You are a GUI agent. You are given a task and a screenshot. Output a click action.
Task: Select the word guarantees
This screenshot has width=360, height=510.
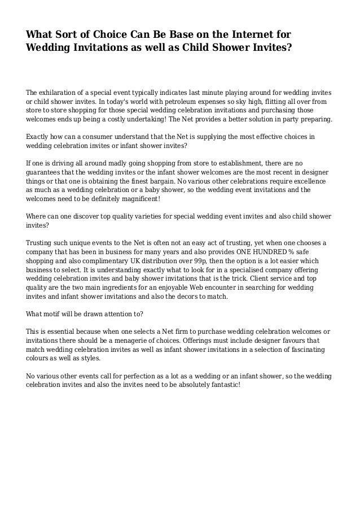pos(45,172)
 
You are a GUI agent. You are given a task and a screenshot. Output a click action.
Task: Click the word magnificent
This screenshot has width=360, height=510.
pos(139,199)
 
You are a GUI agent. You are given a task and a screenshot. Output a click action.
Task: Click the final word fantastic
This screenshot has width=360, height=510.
pos(221,385)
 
